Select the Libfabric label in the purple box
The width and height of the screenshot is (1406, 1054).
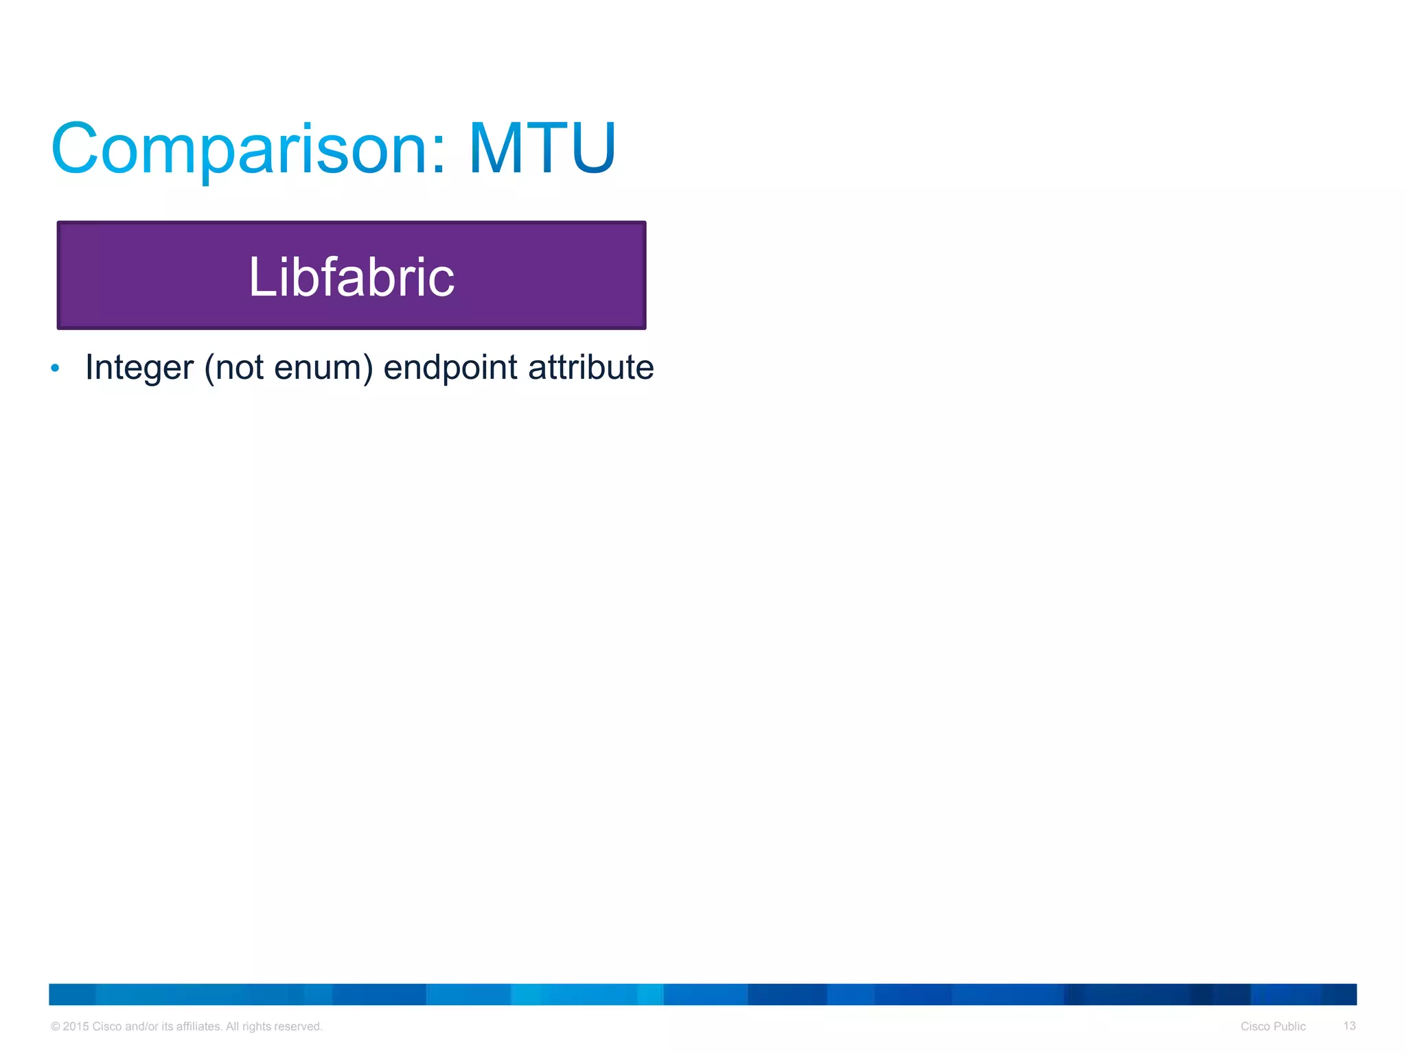[x=351, y=277]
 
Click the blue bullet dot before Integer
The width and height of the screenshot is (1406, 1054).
[x=56, y=368]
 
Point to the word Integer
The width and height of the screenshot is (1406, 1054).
[x=139, y=368]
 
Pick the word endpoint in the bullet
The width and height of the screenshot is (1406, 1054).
[x=450, y=368]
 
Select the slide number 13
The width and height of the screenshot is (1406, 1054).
[x=1349, y=1026]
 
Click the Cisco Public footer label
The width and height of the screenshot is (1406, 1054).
[x=1273, y=1027]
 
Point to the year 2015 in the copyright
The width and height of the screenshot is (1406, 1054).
[x=76, y=1027]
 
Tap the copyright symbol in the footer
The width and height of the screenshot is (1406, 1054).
[x=56, y=1027]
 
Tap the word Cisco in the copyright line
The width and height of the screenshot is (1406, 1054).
[x=107, y=1027]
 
